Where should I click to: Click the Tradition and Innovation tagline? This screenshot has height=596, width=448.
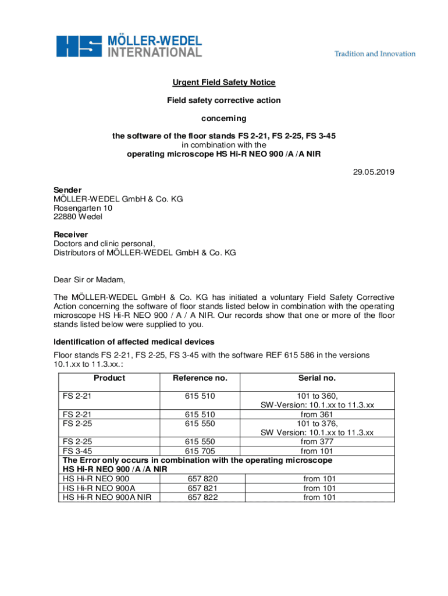coord(375,54)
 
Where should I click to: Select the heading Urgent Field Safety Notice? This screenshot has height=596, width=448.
coord(223,83)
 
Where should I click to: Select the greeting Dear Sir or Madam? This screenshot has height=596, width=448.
coord(90,279)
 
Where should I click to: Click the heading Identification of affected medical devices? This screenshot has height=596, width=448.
coord(134,342)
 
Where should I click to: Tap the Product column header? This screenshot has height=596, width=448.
coord(109,378)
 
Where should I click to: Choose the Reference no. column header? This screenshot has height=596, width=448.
coord(200,378)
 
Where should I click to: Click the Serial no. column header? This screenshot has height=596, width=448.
coord(317,378)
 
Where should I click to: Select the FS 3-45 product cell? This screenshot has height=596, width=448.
coord(77,450)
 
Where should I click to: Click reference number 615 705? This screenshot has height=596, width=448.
coord(200,450)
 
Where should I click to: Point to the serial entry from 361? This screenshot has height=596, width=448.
coord(317,414)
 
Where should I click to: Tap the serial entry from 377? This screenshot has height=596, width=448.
coord(317,442)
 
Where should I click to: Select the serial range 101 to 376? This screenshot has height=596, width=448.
coord(317,423)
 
